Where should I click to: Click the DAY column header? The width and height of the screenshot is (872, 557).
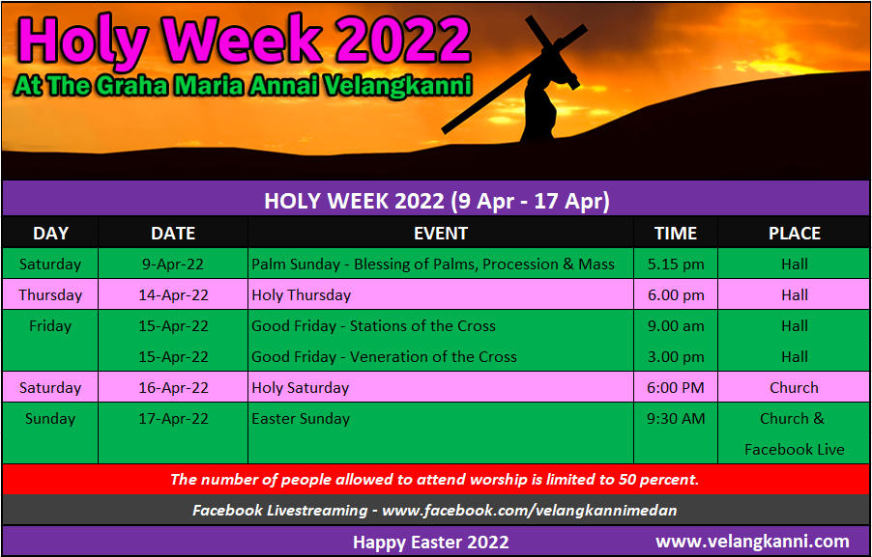pyautogui.click(x=50, y=234)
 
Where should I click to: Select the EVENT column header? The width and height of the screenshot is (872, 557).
pyautogui.click(x=441, y=234)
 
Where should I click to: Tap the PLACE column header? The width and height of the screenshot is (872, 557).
pyautogui.click(x=794, y=234)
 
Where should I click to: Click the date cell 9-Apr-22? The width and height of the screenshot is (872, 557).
pyautogui.click(x=173, y=265)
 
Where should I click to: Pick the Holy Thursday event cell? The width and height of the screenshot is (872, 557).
pyautogui.click(x=302, y=295)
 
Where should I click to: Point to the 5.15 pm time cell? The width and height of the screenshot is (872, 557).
pyautogui.click(x=676, y=265)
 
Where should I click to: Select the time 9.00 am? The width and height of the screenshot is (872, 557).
pyautogui.click(x=676, y=326)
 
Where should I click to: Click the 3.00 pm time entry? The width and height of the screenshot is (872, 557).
pyautogui.click(x=676, y=357)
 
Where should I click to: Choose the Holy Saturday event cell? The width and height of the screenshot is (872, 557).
pyautogui.click(x=301, y=388)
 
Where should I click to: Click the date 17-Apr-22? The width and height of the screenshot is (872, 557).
pyautogui.click(x=173, y=419)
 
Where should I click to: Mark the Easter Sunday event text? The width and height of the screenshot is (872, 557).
pyautogui.click(x=301, y=419)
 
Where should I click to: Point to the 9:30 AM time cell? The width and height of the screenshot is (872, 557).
pyautogui.click(x=676, y=419)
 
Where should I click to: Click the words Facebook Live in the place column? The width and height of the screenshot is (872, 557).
pyautogui.click(x=794, y=449)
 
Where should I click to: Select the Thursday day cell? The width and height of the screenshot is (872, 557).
pyautogui.click(x=50, y=295)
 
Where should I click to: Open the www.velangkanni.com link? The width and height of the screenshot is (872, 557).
pyautogui.click(x=752, y=541)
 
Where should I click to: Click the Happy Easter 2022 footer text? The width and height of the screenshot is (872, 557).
pyautogui.click(x=431, y=542)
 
